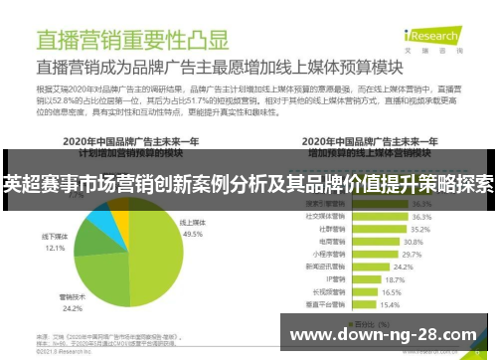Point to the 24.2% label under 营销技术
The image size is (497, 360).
pos(96,308)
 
